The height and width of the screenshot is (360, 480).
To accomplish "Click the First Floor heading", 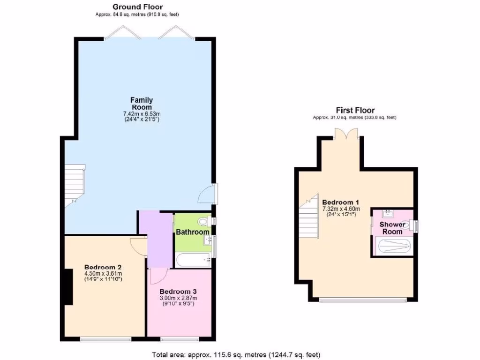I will [355, 110].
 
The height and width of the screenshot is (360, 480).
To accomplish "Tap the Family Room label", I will [142, 103].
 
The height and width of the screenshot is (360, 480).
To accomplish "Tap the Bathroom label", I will [192, 232].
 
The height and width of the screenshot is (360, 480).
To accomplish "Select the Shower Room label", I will [392, 228].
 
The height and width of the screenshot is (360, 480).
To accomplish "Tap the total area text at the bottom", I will [236, 354].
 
